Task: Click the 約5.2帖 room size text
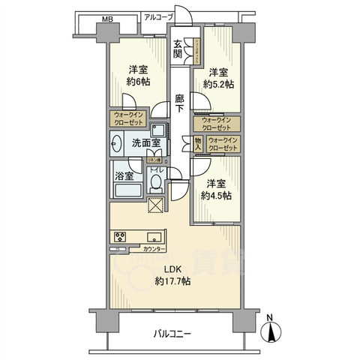(217, 84)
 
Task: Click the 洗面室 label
(136, 142)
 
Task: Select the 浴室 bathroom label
(125, 176)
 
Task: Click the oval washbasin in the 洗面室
(118, 142)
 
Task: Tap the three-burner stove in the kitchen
(120, 236)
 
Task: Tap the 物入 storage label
(197, 143)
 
